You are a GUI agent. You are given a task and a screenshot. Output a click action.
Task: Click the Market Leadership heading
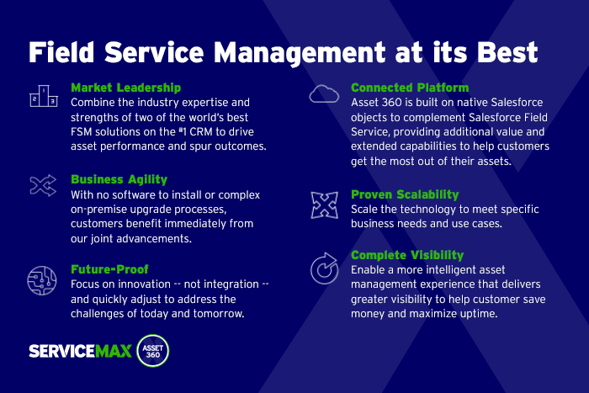[125, 88]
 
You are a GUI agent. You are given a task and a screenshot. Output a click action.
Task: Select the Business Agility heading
[119, 179]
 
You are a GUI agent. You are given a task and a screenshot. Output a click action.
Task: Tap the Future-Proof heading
[109, 270]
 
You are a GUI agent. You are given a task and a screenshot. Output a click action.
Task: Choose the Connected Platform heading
[410, 88]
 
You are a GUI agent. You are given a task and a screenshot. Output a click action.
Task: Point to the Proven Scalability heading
[405, 194]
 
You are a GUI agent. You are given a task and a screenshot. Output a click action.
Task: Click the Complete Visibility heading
[408, 255]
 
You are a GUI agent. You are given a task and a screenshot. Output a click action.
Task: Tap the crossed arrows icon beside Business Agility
[42, 186]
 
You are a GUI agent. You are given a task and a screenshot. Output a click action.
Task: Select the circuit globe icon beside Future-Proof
[42, 279]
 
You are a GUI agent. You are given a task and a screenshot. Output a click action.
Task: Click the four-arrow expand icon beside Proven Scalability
[324, 204]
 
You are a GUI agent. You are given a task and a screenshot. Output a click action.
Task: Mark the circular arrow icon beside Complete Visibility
[324, 267]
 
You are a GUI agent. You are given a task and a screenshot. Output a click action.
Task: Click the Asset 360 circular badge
[153, 350]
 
